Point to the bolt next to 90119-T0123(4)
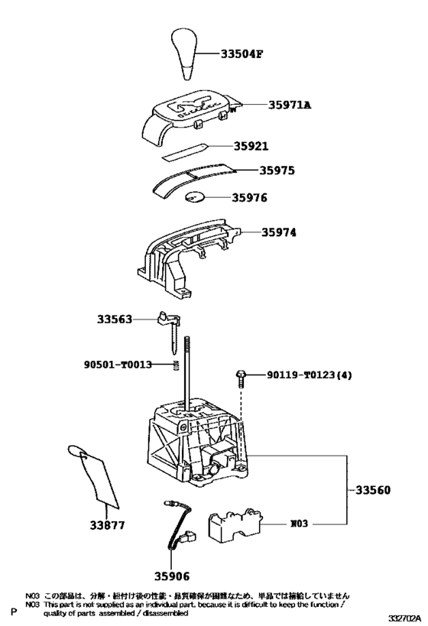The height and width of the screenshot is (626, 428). coord(240,376)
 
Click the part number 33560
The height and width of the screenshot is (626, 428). coord(372,488)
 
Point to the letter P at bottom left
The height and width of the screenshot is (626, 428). coord(13,612)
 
